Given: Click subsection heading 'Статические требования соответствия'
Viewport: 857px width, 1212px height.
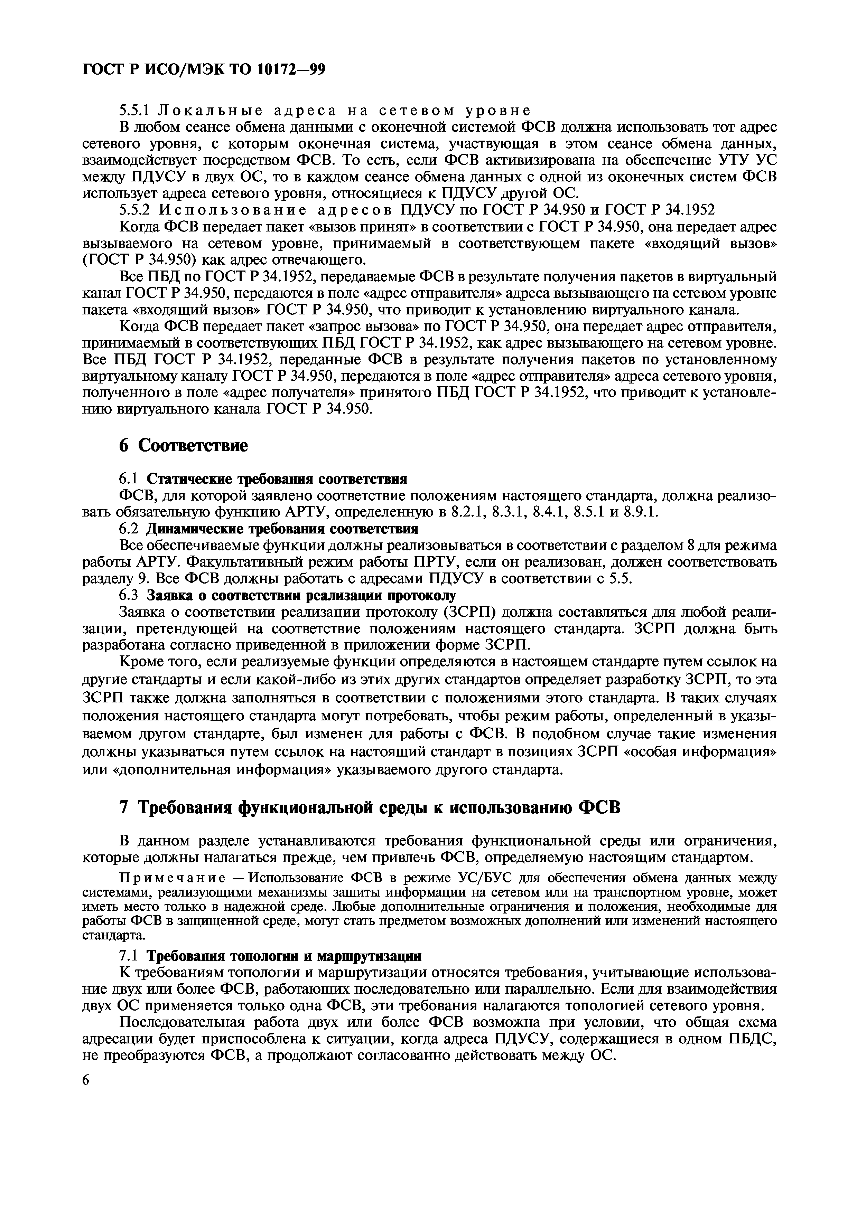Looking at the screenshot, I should click(x=276, y=479).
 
